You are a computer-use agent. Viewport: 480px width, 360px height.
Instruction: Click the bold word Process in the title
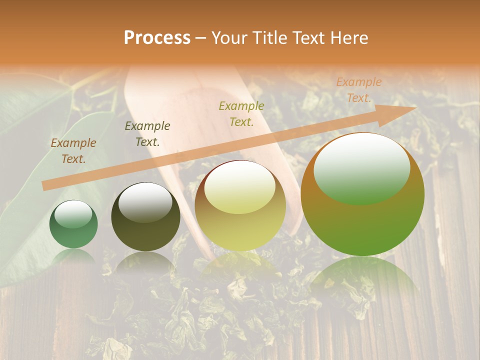tap(157, 38)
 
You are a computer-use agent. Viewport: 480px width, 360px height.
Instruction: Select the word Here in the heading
tap(348, 38)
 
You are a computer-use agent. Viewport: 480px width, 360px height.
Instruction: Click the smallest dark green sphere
tap(73, 224)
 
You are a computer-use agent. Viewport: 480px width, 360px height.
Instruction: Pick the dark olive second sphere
tap(145, 217)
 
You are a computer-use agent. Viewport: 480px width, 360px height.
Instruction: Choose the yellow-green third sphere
tap(240, 206)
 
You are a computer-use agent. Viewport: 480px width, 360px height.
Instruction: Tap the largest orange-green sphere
tap(362, 195)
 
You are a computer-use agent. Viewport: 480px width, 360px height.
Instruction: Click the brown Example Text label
tap(73, 151)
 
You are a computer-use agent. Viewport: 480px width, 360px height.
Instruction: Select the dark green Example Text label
tap(147, 134)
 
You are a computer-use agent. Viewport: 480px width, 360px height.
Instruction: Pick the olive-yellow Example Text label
tap(241, 114)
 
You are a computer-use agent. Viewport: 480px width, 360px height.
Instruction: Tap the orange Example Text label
tap(359, 90)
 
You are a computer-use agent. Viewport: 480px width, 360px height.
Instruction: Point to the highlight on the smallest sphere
tap(73, 214)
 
